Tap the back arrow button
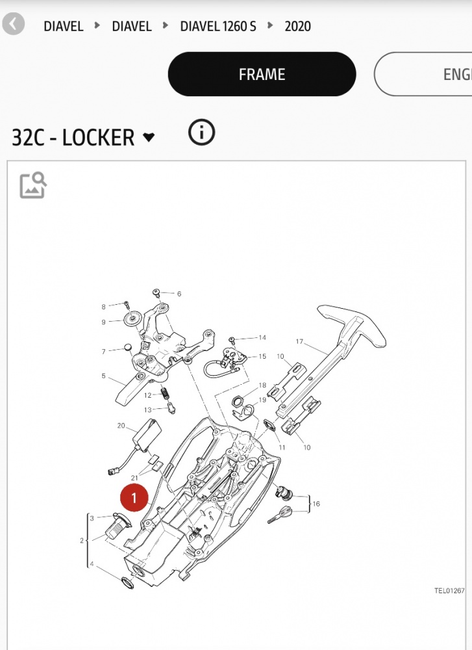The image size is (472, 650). (13, 24)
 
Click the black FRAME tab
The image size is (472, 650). (262, 74)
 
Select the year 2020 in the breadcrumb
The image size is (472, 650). (297, 26)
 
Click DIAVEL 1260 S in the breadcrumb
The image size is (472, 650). (217, 26)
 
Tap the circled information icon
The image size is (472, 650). (202, 133)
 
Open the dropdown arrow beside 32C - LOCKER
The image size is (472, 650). (148, 136)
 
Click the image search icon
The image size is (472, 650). (33, 185)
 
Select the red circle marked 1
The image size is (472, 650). (134, 498)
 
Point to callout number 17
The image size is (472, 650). (299, 342)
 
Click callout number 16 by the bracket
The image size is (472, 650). (316, 504)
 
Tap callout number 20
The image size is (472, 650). (121, 426)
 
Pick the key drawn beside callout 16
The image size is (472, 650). (280, 514)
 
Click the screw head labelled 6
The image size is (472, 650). (156, 292)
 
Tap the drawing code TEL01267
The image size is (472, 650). (449, 591)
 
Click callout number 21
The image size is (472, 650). (134, 478)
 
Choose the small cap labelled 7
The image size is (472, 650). (129, 347)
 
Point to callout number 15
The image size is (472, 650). (262, 356)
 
